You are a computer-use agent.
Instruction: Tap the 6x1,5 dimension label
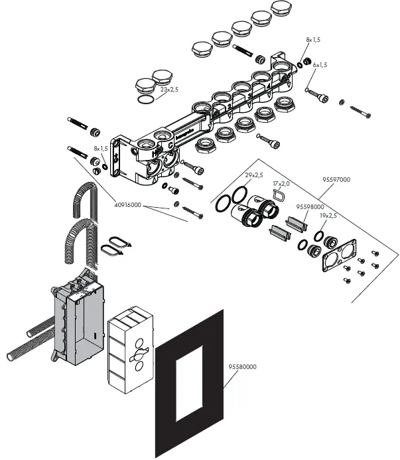(317, 65)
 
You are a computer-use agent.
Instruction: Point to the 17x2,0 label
(282, 183)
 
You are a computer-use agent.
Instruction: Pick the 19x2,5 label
(328, 216)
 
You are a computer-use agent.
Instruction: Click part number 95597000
(337, 179)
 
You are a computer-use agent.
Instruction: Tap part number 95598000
(309, 206)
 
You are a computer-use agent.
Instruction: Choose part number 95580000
(243, 366)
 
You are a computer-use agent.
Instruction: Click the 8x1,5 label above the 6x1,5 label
(312, 40)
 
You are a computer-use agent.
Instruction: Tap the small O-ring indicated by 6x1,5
(309, 89)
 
